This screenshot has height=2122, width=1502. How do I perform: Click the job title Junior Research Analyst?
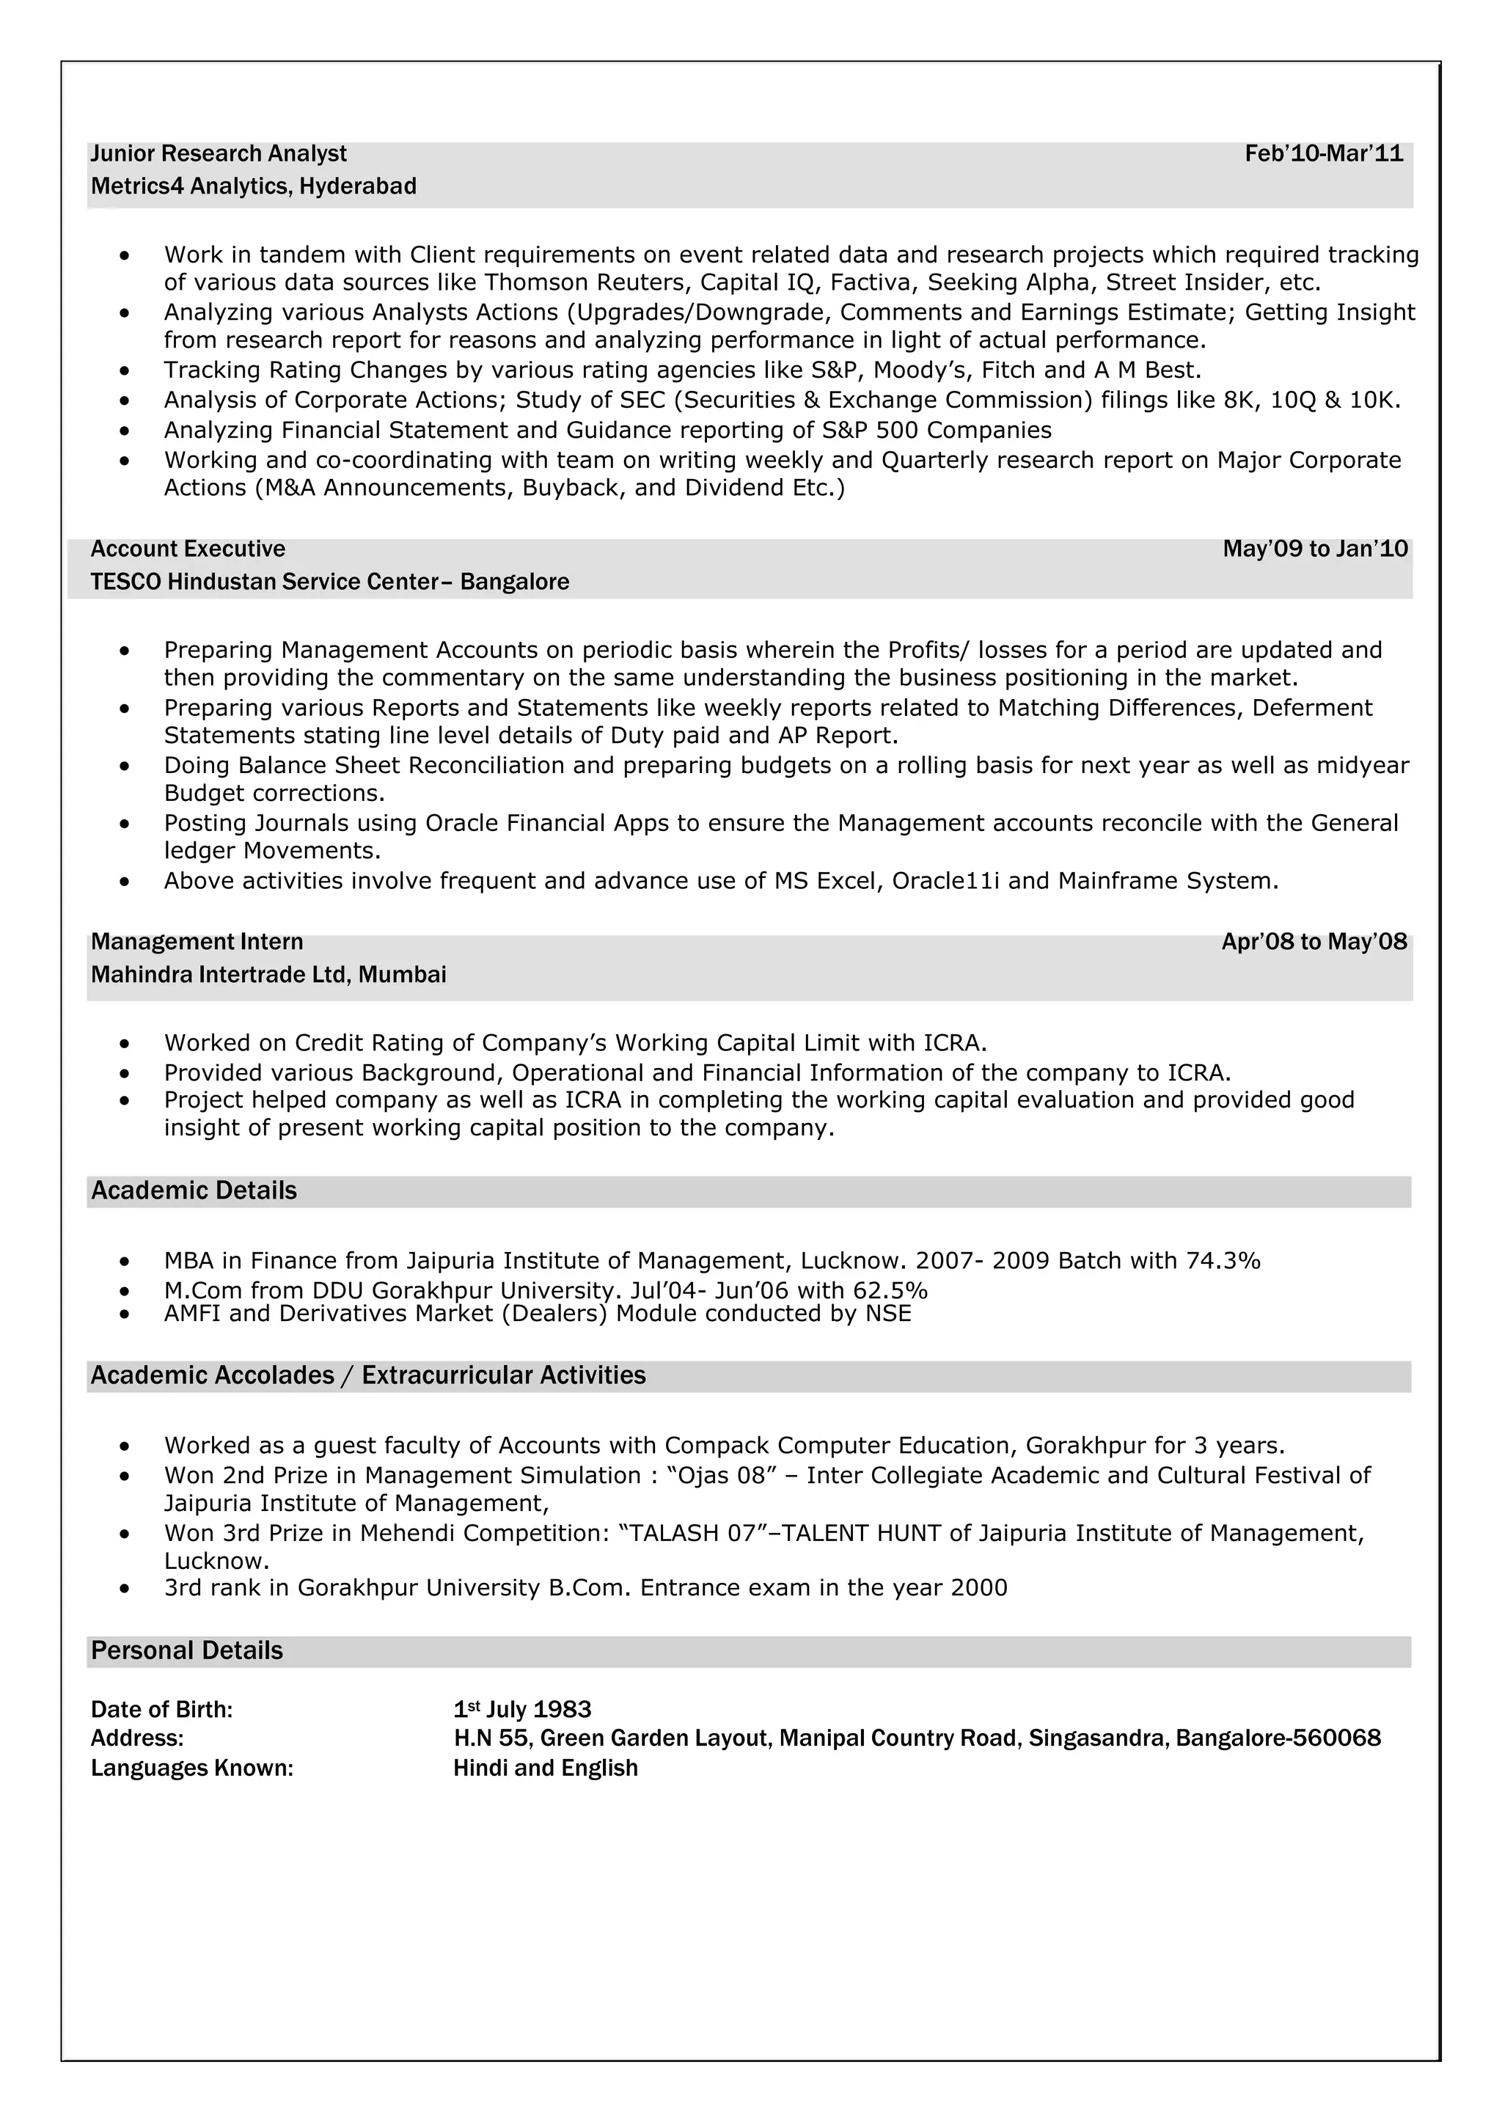click(x=219, y=153)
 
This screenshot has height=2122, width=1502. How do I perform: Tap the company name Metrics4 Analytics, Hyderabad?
click(x=254, y=187)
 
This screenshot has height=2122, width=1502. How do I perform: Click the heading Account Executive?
click(x=188, y=549)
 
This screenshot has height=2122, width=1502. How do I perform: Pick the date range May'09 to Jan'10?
click(x=1314, y=549)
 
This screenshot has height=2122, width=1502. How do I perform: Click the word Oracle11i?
click(x=945, y=882)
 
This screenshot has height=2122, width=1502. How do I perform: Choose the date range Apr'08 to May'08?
click(x=1314, y=943)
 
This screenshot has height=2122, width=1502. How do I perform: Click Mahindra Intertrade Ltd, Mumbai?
click(x=268, y=975)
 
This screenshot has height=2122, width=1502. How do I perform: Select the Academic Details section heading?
click(x=194, y=1191)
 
